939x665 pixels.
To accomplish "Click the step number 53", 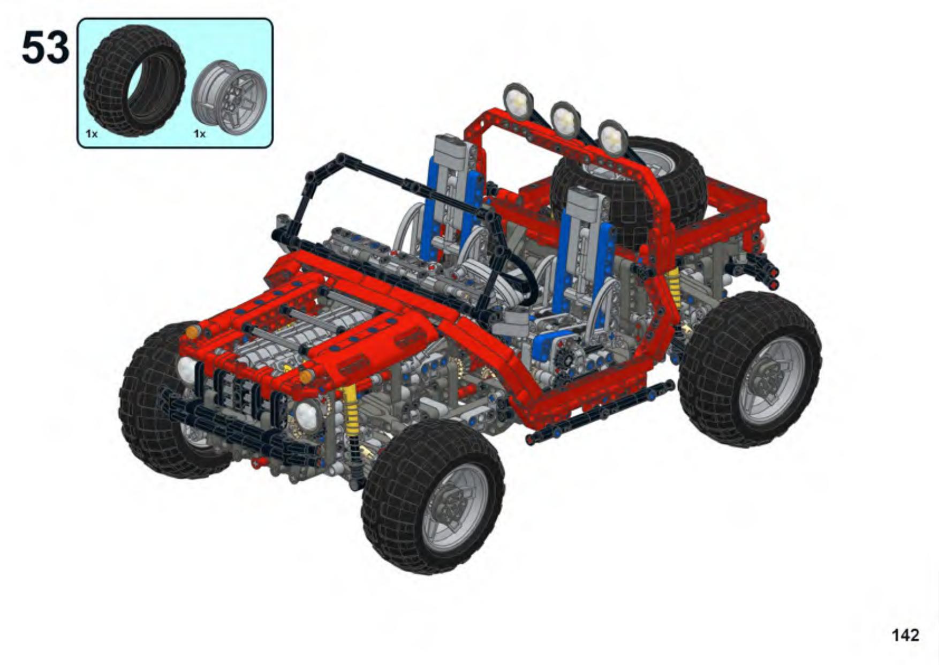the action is point(46,47).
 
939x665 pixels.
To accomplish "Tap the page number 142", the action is point(905,635).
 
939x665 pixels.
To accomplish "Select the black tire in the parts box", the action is point(135,80).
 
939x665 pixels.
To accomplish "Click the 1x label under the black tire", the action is point(92,133).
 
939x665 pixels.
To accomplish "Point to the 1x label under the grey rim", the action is point(200,133).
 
